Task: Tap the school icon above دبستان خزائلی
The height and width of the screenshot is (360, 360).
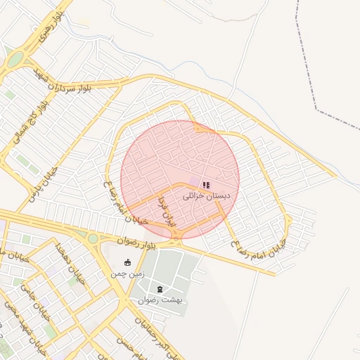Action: point(206,186)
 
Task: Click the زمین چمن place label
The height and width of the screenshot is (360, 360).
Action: point(127,274)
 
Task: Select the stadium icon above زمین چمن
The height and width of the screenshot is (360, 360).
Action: point(127,263)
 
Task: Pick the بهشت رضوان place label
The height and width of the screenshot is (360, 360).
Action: point(160,300)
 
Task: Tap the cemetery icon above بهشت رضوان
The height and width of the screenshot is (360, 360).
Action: point(160,289)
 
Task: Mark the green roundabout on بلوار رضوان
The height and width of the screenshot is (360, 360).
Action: point(93,238)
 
